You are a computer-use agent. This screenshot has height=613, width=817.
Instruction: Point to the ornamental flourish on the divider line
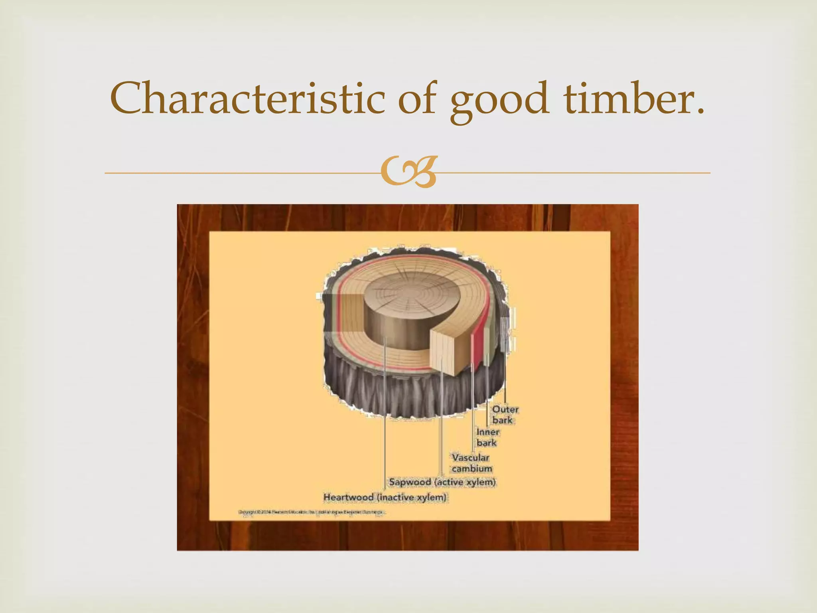pos(408,173)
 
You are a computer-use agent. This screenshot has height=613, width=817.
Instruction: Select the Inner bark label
pos(487,437)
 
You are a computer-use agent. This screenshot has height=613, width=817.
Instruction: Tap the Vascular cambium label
pos(472,463)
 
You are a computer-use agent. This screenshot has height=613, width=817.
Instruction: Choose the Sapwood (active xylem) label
pos(442,482)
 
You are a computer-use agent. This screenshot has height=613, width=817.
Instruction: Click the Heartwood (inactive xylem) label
pos(385,498)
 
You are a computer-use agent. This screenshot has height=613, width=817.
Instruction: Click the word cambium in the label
pos(472,469)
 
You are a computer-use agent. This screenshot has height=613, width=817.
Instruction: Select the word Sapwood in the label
pos(410,482)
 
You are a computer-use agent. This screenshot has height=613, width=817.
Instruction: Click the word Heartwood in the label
pos(348,498)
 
